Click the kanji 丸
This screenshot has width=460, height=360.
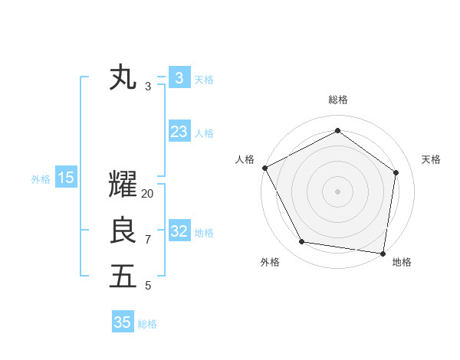point(123,78)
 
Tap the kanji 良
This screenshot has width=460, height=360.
point(123,231)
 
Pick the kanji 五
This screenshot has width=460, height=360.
point(123,276)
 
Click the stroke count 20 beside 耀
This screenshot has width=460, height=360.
point(148,194)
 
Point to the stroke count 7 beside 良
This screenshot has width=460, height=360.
point(148,240)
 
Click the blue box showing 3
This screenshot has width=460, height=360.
point(179,78)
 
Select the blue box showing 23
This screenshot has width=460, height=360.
point(179,132)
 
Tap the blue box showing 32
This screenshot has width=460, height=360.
point(179,231)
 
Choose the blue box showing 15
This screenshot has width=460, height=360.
point(66,178)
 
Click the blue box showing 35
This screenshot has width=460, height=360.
point(123,322)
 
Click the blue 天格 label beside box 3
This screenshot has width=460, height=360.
point(204,80)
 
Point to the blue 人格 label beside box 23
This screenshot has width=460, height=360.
point(204,133)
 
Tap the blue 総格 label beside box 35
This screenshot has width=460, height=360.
point(147,324)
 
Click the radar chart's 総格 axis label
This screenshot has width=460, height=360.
point(337,100)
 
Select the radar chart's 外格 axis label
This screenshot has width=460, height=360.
point(270,262)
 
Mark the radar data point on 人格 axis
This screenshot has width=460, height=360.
point(264,168)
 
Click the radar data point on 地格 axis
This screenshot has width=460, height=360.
point(383,252)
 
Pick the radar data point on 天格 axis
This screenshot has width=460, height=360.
point(396,172)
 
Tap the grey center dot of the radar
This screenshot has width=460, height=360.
point(337,191)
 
